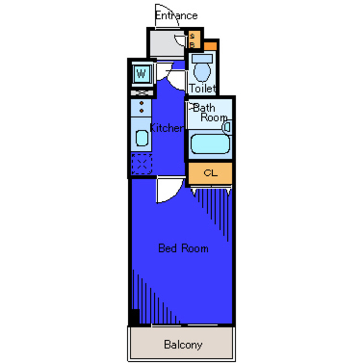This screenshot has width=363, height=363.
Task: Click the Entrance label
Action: [x=176, y=16]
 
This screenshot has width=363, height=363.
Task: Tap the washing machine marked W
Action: [x=142, y=74]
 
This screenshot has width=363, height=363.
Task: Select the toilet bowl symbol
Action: [x=202, y=71]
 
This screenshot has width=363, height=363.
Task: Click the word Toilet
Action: [x=202, y=88]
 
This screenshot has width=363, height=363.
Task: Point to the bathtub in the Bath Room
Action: [x=210, y=143]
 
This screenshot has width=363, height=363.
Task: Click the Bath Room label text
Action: [x=209, y=113]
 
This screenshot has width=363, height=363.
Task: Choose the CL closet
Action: [x=210, y=173]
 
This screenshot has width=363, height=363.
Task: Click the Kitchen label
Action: [x=167, y=128]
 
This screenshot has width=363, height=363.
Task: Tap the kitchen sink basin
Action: [x=142, y=138]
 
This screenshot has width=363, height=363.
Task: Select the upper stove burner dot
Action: [x=141, y=103]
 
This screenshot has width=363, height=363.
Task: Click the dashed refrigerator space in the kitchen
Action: [x=142, y=164]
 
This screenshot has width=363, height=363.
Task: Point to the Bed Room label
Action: [x=183, y=248]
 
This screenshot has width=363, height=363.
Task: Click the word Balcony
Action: [x=183, y=345]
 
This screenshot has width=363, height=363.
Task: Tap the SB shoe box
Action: [x=194, y=39]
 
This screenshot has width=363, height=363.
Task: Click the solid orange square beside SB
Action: [x=210, y=46]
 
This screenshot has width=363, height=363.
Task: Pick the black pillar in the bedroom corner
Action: [x=136, y=316]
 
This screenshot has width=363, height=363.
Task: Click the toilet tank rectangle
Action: [x=202, y=58]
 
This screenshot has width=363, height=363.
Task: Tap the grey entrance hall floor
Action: [x=167, y=44]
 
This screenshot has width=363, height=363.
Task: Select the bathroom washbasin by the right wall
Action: [x=227, y=127]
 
